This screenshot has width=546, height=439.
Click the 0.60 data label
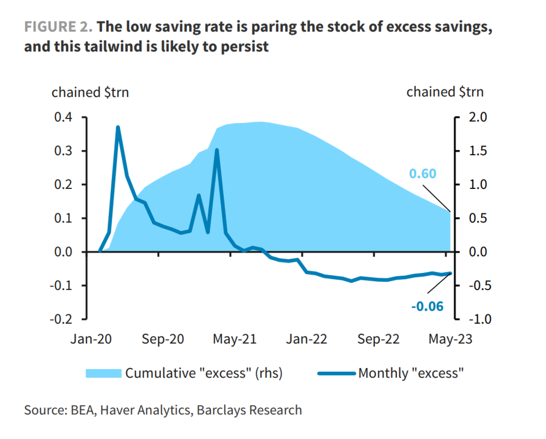pyautogui.click(x=423, y=174)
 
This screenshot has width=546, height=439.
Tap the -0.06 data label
pyautogui.click(x=427, y=306)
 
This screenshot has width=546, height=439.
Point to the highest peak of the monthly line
pyautogui.click(x=118, y=127)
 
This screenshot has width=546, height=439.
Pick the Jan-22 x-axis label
pyautogui.click(x=306, y=339)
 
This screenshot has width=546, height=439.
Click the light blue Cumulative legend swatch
pyautogui.click(x=103, y=373)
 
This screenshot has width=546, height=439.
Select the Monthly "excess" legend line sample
pyautogui.click(x=335, y=373)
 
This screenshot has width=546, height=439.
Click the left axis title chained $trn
pyautogui.click(x=90, y=92)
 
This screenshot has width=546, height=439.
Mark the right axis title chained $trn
pyautogui.click(x=445, y=92)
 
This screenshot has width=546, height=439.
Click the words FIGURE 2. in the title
pyautogui.click(x=59, y=26)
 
